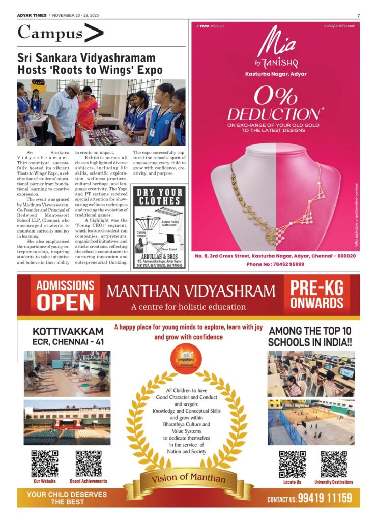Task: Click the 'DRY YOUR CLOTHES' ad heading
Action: [159, 196]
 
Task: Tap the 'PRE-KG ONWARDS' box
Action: [316, 295]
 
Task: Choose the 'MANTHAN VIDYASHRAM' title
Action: [191, 292]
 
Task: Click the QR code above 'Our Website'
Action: [45, 463]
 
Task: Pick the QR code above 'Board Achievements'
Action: [88, 463]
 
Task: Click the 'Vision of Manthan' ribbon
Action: [188, 478]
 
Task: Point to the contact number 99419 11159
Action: [325, 498]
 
